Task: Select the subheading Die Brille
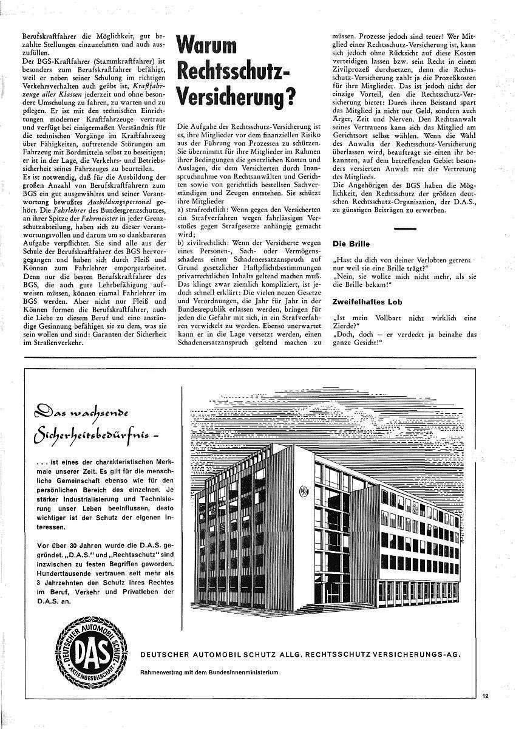point(350,244)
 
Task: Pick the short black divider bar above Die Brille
point(405,228)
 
